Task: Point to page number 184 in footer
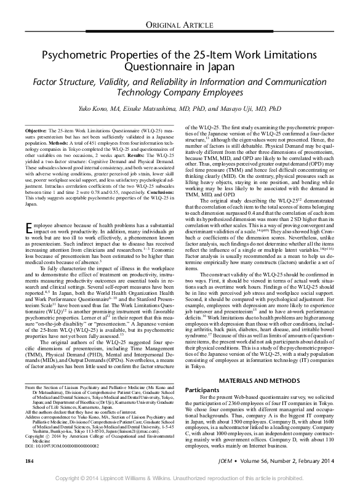click(x=29, y=459)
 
